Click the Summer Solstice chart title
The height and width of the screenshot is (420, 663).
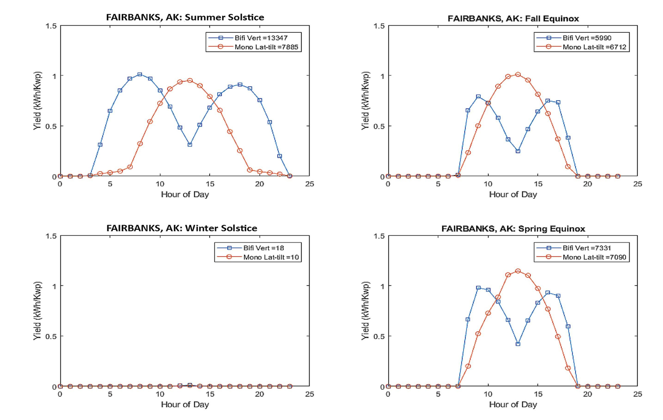pyautogui.click(x=185, y=17)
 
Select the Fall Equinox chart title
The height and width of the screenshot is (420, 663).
pyautogui.click(x=513, y=19)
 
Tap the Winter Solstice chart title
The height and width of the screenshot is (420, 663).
pyautogui.click(x=181, y=228)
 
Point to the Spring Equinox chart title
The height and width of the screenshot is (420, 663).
pyautogui.click(x=513, y=228)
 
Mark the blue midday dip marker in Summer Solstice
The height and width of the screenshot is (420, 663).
pyautogui.click(x=190, y=145)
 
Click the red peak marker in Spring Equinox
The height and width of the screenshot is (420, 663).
pyautogui.click(x=518, y=271)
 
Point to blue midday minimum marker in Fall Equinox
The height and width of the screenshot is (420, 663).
pyautogui.click(x=518, y=151)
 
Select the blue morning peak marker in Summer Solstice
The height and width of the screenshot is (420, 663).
pyautogui.click(x=140, y=75)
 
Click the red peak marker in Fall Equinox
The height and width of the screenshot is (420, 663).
pyautogui.click(x=518, y=75)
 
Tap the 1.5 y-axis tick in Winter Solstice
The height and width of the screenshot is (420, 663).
pyautogui.click(x=51, y=236)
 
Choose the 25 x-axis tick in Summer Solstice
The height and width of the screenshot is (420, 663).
pyautogui.click(x=310, y=184)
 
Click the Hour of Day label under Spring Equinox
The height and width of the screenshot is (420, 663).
pyautogui.click(x=513, y=404)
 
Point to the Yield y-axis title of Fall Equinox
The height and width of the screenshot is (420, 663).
pyautogui.click(x=365, y=101)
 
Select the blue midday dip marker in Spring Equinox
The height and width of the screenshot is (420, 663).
pyautogui.click(x=518, y=344)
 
